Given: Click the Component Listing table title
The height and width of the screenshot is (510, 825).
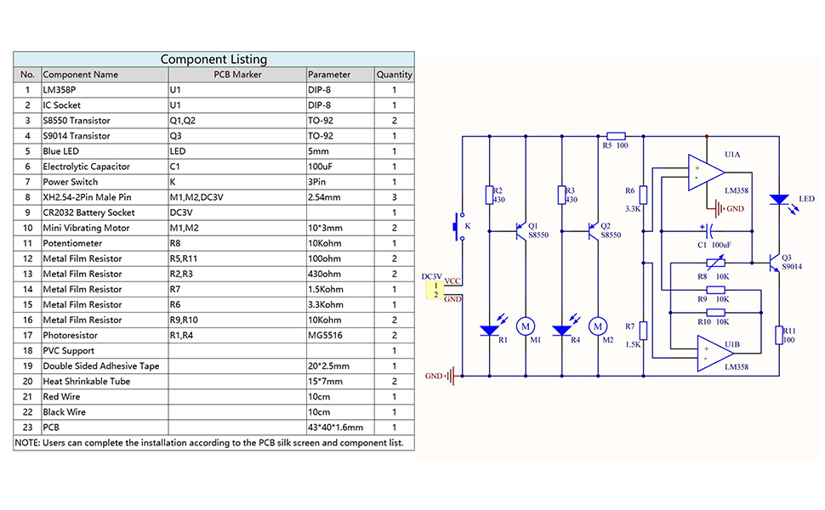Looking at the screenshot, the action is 213,59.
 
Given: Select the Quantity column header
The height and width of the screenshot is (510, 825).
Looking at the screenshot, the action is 394,74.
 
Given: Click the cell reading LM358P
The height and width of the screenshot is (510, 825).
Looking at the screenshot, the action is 105,89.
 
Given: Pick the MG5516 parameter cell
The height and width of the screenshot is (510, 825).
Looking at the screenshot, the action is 340,335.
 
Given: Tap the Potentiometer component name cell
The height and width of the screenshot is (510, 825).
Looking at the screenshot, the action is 105,243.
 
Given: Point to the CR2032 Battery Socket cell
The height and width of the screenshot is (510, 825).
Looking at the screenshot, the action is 105,212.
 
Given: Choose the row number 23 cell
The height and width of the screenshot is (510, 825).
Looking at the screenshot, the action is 27,427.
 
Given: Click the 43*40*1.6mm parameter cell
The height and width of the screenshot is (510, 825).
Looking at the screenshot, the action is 340,427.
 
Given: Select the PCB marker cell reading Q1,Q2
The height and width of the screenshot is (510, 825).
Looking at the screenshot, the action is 236,121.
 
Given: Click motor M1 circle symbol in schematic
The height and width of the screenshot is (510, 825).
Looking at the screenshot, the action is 525,326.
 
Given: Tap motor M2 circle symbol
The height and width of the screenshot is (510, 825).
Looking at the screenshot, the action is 598,326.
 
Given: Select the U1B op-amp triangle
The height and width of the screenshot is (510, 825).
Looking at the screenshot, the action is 714,354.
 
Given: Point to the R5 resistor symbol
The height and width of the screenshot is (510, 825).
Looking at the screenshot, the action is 616,136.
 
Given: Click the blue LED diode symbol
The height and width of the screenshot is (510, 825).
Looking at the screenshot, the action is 779,200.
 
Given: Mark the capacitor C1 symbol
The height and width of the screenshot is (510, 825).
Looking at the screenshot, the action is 707,230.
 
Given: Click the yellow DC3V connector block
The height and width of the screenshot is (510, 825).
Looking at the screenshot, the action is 435,290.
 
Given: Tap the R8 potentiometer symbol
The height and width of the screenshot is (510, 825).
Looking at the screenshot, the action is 715,263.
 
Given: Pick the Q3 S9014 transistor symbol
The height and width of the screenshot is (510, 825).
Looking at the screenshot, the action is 774,263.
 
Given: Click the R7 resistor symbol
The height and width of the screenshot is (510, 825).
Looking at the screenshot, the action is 643,331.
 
